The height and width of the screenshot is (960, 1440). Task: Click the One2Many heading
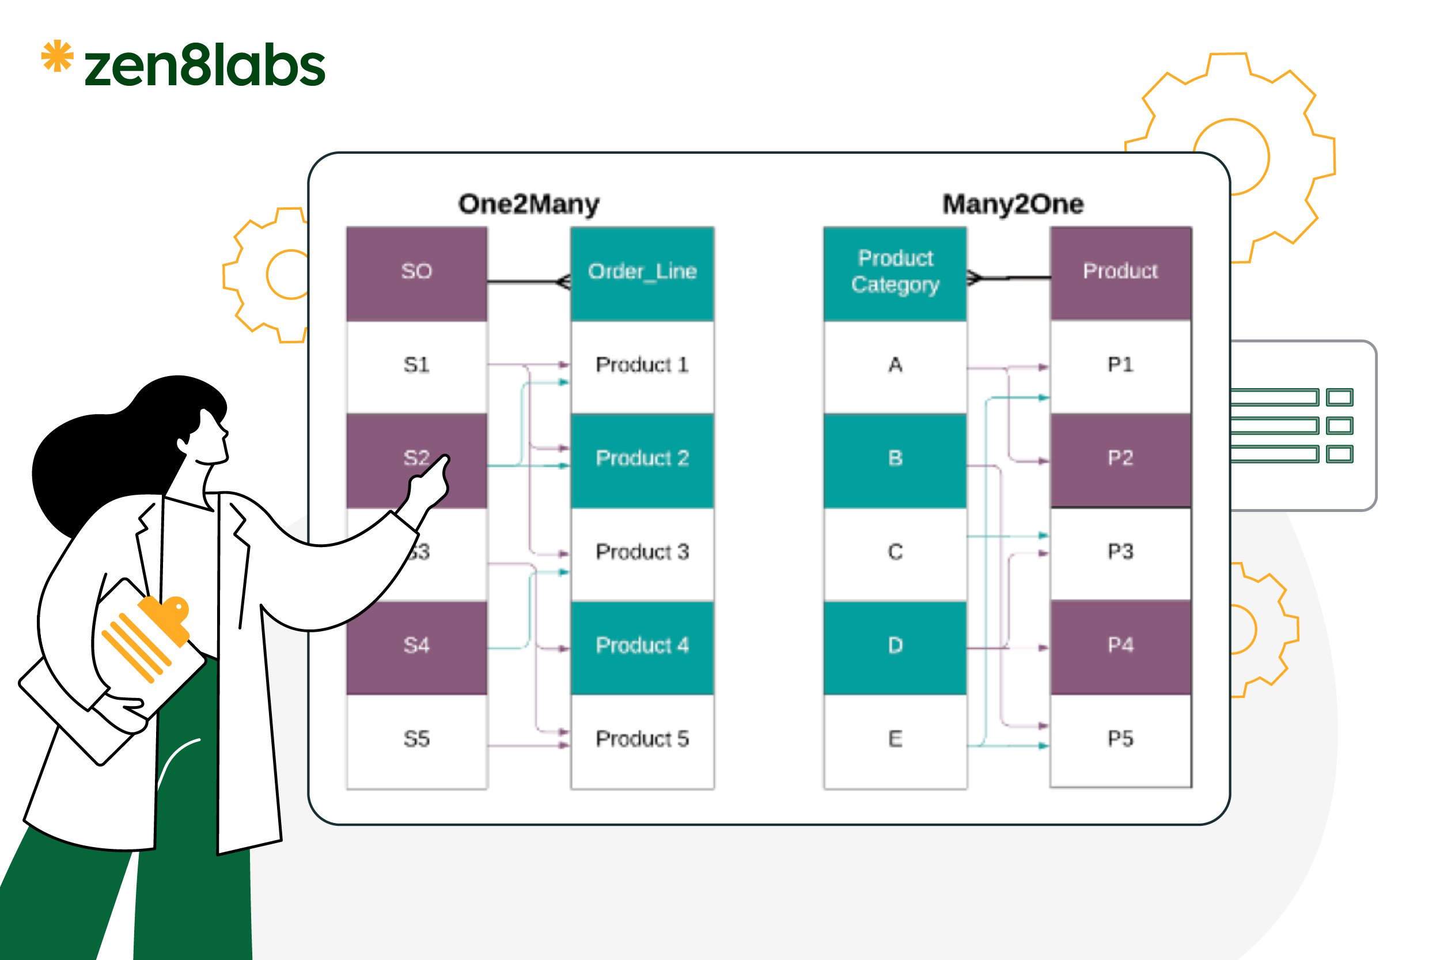click(528, 204)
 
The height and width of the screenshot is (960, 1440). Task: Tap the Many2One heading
click(1013, 204)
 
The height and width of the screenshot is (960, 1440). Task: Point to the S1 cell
click(416, 366)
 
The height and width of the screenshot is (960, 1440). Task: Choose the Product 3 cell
click(642, 552)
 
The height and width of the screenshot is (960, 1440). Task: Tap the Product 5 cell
click(642, 739)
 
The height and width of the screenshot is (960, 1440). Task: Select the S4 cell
click(416, 646)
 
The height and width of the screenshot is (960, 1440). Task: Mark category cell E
click(895, 739)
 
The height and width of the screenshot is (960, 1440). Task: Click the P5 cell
click(1120, 739)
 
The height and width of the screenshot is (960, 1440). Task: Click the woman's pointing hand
click(431, 484)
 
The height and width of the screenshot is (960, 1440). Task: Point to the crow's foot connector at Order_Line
click(564, 282)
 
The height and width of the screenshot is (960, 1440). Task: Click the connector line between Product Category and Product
click(1010, 279)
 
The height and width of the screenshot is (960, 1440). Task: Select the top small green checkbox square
click(1339, 397)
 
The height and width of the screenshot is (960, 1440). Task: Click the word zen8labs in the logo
click(204, 66)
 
